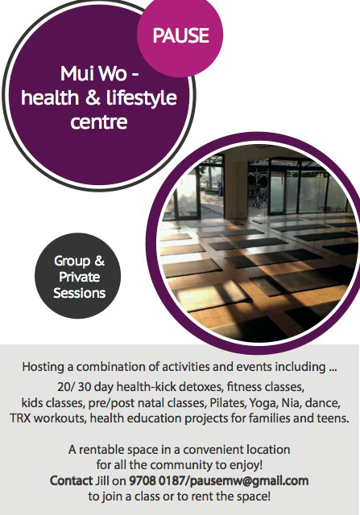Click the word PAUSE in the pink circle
(181, 35)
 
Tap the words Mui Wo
(93, 73)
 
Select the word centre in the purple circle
(98, 122)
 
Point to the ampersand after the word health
(93, 98)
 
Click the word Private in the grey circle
(79, 277)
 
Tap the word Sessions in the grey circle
(79, 293)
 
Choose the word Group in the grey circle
(72, 262)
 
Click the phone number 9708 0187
(156, 481)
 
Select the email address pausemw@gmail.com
(249, 481)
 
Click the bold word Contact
(71, 481)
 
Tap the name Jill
(102, 481)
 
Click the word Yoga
(262, 403)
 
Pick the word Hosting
(43, 367)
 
